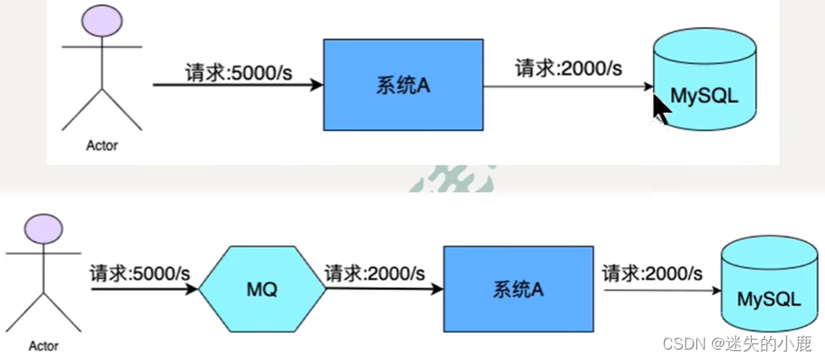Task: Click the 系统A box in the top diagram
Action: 403,84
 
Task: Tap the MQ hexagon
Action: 262,289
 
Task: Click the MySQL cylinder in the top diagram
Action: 703,87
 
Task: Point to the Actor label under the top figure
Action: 102,145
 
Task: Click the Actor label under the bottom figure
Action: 43,346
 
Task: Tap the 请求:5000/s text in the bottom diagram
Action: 140,272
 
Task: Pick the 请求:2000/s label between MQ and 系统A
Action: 376,272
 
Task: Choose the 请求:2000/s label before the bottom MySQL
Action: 652,272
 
